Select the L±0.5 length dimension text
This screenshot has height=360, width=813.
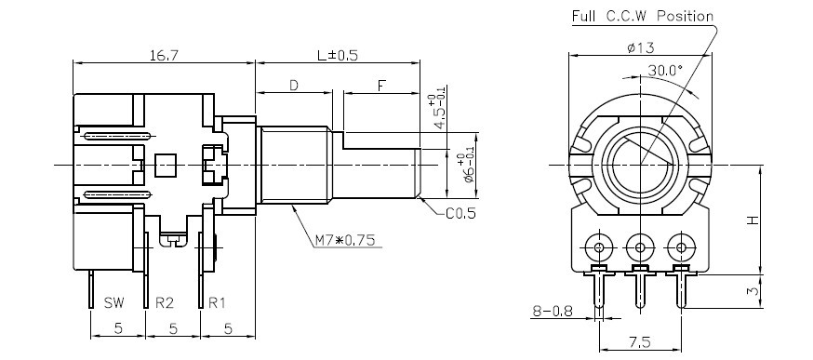[337, 55]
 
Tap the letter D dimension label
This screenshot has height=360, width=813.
[293, 86]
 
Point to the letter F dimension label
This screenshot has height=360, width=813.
[381, 86]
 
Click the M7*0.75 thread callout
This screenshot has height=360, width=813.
[345, 240]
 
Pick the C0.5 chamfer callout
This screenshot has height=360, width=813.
[460, 213]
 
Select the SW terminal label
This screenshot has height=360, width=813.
[114, 303]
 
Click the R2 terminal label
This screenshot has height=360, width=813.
[165, 303]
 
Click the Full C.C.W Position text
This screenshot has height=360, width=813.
[643, 16]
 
